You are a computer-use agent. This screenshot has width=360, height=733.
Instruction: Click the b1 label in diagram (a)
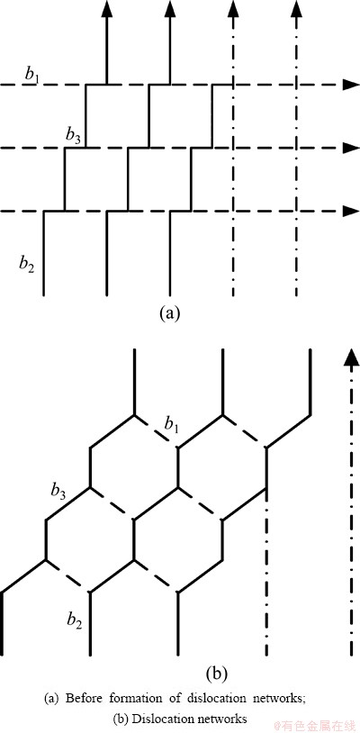coord(32,76)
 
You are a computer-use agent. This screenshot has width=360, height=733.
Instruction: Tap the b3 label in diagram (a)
coord(73,136)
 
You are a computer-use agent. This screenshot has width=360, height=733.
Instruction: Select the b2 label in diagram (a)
coord(26,264)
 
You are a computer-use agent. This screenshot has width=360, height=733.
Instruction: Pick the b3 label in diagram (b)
coord(58,491)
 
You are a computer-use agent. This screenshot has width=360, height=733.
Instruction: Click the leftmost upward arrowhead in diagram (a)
coord(107,9)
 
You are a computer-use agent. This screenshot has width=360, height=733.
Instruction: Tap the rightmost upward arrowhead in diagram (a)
coord(296,9)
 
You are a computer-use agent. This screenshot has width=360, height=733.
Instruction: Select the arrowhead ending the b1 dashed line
coord(349,85)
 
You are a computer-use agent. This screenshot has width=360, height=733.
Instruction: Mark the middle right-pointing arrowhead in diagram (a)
coord(349,149)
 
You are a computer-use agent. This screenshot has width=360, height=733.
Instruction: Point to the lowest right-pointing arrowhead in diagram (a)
coord(349,212)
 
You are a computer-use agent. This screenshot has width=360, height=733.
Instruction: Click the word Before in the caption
coord(82,699)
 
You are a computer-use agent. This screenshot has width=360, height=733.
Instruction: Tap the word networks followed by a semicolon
coord(285,700)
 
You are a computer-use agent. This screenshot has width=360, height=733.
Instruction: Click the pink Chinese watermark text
coord(314,725)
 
